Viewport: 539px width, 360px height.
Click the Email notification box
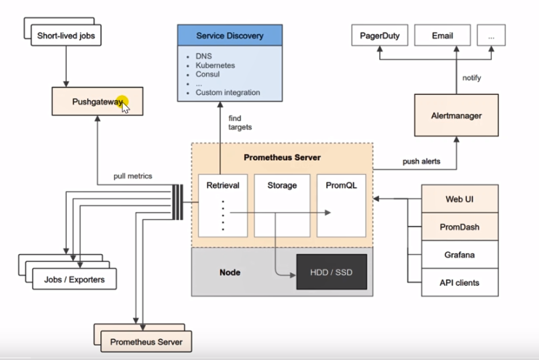point(442,35)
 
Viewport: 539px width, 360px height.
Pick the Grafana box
point(461,255)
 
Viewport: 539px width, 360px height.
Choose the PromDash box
point(461,226)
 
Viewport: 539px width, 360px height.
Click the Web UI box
point(461,199)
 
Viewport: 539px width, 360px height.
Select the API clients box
point(461,282)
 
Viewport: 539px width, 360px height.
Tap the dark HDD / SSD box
point(331,273)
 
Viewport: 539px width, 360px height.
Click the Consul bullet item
point(208,74)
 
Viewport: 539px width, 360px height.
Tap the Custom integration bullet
point(227,93)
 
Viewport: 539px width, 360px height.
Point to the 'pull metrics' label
point(132,176)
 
